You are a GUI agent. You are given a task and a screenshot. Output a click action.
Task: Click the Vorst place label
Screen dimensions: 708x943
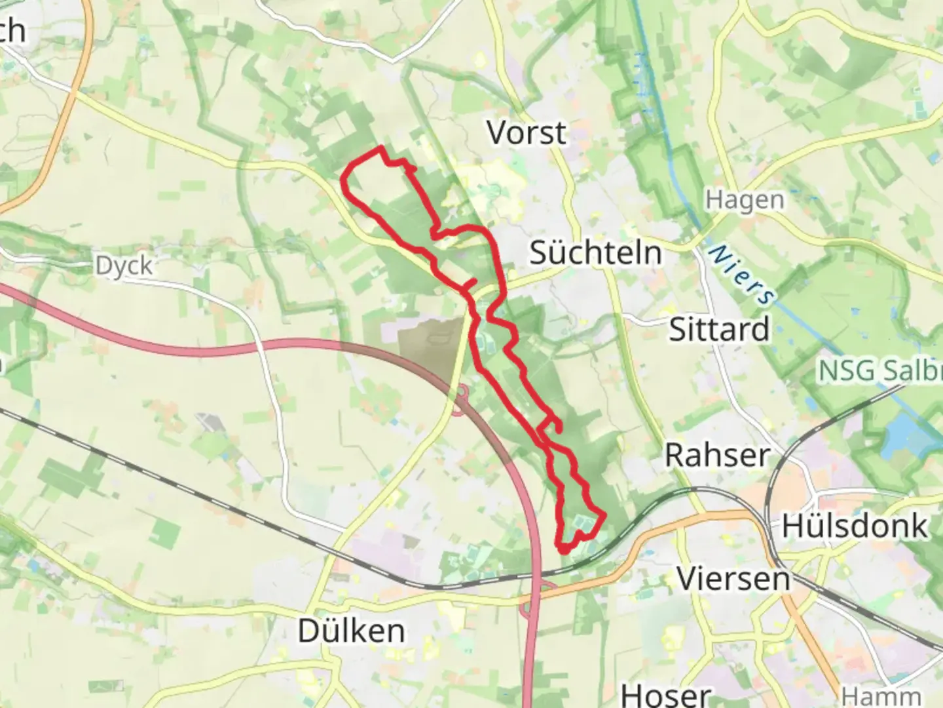[x=527, y=133]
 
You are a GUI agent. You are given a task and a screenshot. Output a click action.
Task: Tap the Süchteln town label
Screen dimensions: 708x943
[x=595, y=253]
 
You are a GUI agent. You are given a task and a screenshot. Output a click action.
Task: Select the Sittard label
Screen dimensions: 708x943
[x=718, y=329]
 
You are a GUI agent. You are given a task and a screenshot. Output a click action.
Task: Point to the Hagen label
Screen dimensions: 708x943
[x=745, y=201]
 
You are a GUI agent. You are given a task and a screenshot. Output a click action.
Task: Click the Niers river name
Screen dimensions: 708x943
[x=742, y=274]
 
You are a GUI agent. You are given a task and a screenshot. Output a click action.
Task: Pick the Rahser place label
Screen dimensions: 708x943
[x=717, y=456]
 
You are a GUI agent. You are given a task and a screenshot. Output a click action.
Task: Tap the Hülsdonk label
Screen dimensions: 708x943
[x=855, y=526]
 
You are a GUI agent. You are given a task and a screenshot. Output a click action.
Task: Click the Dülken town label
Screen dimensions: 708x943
[x=352, y=631]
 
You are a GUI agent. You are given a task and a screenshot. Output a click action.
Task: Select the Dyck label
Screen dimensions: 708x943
[x=124, y=266]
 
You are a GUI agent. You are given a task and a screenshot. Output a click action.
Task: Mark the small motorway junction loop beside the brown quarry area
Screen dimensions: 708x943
[x=462, y=393]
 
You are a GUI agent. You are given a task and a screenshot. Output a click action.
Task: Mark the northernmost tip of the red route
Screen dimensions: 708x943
[x=380, y=149]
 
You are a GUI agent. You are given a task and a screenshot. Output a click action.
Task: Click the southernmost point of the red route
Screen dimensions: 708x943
[x=564, y=551]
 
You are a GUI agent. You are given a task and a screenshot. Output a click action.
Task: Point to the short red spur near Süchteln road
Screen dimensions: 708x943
[x=470, y=283]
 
